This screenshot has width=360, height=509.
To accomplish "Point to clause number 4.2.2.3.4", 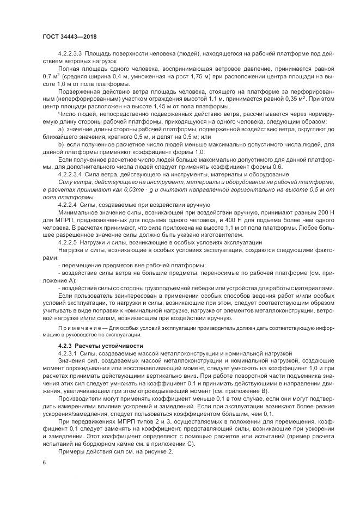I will (x=70, y=174).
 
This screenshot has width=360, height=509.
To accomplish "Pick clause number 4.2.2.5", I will (x=67, y=241).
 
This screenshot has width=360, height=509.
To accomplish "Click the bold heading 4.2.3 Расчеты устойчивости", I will (x=93, y=346).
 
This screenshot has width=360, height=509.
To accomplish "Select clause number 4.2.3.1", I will (x=69, y=354).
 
